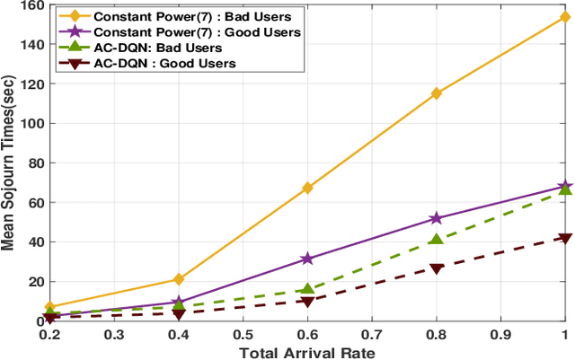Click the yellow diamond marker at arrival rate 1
(x=565, y=17)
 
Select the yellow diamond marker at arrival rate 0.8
(x=437, y=93)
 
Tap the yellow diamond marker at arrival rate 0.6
(x=307, y=188)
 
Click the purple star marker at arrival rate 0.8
(x=437, y=218)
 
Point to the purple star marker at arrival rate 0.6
(x=307, y=259)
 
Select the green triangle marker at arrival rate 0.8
(x=437, y=240)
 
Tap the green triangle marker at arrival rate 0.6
(x=307, y=289)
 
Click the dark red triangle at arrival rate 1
(x=565, y=238)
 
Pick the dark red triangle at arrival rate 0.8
(x=437, y=268)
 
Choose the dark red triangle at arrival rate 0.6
(x=307, y=301)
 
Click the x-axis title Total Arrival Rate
(x=307, y=352)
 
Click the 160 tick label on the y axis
(x=31, y=5)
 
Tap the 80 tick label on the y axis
(x=34, y=163)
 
